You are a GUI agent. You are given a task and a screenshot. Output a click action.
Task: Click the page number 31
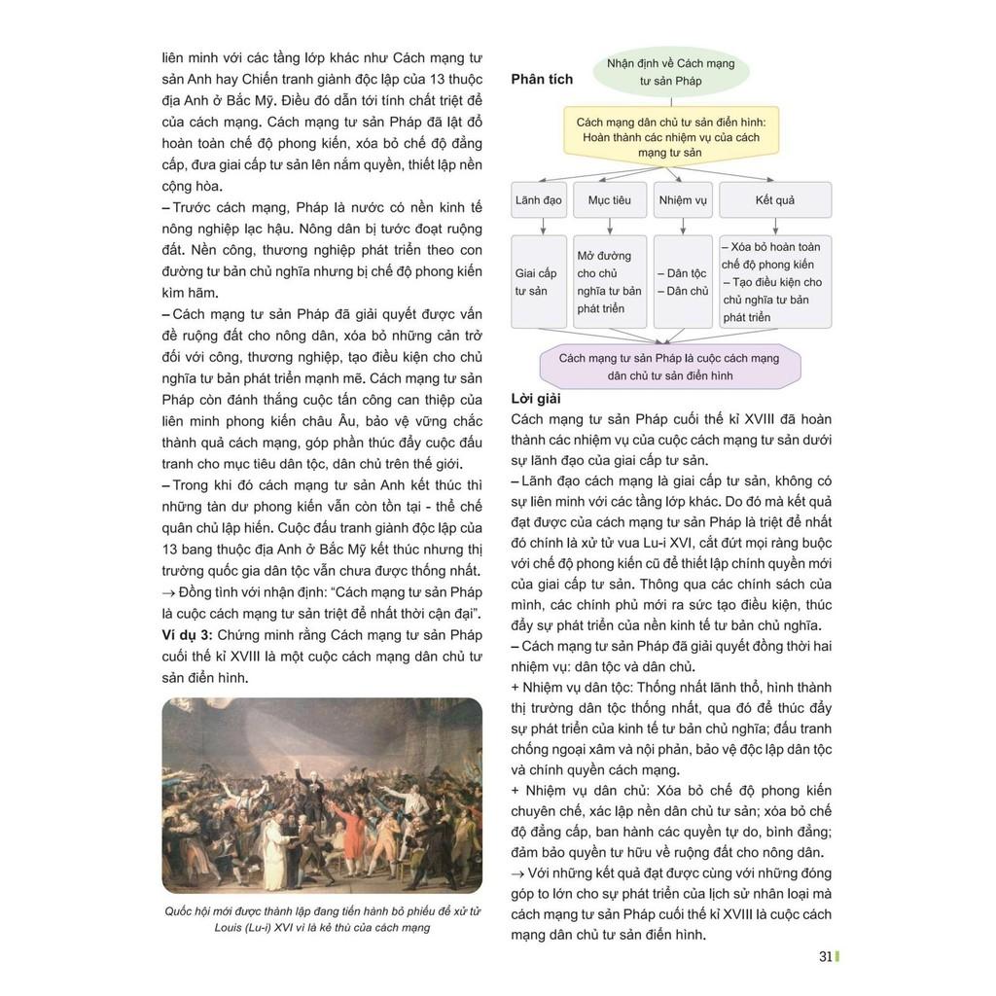pyautogui.click(x=825, y=956)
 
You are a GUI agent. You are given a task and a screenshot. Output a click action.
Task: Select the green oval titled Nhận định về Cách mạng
pyautogui.click(x=671, y=72)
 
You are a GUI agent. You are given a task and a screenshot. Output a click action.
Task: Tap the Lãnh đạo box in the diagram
pyautogui.click(x=538, y=200)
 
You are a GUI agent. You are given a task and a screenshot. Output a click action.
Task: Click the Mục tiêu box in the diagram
pyautogui.click(x=609, y=200)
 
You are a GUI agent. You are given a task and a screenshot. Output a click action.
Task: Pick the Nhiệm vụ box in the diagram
pyautogui.click(x=683, y=200)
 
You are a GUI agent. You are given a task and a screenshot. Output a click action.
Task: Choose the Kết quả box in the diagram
pyautogui.click(x=775, y=200)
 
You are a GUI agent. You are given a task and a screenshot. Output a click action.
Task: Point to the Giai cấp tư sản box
pyautogui.click(x=538, y=282)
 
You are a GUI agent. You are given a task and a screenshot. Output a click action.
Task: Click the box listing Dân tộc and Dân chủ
pyautogui.click(x=683, y=282)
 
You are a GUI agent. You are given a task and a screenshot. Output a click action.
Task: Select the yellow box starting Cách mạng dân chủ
pyautogui.click(x=671, y=137)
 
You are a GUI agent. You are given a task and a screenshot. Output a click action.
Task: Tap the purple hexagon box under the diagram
pyautogui.click(x=670, y=367)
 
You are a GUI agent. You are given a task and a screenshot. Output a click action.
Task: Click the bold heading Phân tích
pyautogui.click(x=542, y=79)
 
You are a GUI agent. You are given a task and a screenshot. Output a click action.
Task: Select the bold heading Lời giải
pyautogui.click(x=536, y=398)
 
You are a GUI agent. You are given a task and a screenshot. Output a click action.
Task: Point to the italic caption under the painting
pyautogui.click(x=322, y=919)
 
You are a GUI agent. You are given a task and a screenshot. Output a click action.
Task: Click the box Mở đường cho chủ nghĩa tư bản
pyautogui.click(x=609, y=282)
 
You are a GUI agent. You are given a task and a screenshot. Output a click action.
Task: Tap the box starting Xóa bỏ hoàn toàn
pyautogui.click(x=775, y=282)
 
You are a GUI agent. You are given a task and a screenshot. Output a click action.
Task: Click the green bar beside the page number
pyautogui.click(x=837, y=956)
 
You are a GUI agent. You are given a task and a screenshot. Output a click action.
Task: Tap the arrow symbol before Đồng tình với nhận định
pyautogui.click(x=169, y=594)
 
